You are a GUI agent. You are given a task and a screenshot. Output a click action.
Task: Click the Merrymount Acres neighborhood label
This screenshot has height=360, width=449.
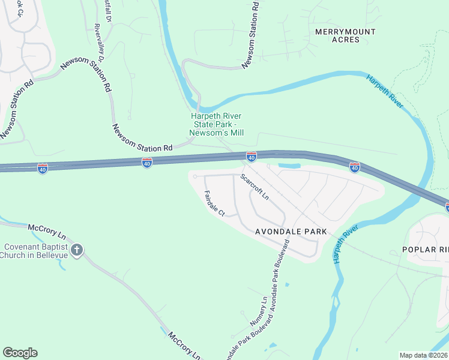coord(345,35)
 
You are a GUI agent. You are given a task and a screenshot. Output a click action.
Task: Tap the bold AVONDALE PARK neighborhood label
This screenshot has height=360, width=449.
coord(291,231)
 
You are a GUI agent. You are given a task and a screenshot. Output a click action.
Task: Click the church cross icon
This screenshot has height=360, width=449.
coord(76,250)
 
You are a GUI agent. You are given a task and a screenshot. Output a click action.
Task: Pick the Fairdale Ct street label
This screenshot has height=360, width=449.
coord(214,203)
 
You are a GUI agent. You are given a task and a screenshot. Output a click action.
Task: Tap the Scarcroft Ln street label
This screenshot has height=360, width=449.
coord(255,187)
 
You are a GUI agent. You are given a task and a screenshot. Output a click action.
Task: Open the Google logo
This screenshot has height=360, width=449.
coord(20,353)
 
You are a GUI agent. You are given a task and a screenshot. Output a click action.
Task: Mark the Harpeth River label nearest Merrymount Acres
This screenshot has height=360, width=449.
coord(385,91)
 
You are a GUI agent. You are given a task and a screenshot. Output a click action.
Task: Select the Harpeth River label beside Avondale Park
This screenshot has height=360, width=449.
coord(345,247)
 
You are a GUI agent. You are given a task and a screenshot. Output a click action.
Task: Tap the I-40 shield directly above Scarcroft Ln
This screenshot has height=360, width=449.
coord(252,157)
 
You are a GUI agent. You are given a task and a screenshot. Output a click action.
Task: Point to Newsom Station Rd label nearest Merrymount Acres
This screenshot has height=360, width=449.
coord(252,34)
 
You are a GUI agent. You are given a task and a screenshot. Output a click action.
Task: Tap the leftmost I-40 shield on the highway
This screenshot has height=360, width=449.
coord(42,169)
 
